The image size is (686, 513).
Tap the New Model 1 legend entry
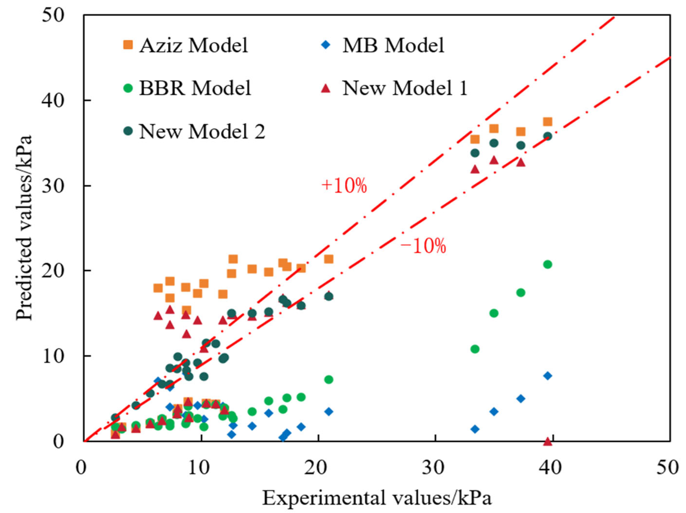(394, 88)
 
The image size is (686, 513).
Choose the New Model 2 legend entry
(194, 131)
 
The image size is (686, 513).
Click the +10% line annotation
(344, 186)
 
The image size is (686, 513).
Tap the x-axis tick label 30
(435, 467)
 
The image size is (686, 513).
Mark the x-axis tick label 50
(670, 467)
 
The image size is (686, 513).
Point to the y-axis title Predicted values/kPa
(24, 228)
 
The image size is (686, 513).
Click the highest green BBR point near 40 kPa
(548, 264)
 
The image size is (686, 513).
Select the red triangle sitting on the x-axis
(548, 441)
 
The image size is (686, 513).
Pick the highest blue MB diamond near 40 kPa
(548, 376)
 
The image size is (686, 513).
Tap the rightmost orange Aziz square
(548, 122)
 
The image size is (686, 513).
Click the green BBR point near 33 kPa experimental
(475, 349)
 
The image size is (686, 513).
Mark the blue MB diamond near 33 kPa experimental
(475, 429)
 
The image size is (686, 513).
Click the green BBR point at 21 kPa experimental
(329, 380)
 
